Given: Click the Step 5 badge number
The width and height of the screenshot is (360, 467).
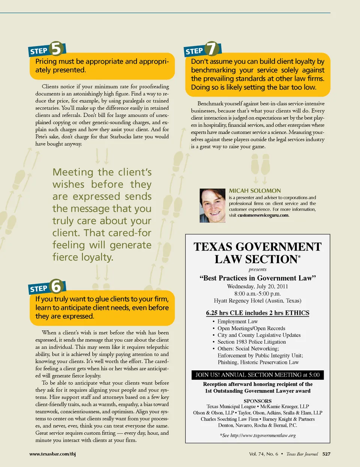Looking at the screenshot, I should click(x=56, y=49).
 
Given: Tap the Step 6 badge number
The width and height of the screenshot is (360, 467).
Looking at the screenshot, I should click(x=56, y=287).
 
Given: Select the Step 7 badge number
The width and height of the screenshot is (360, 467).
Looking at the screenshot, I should click(x=211, y=49).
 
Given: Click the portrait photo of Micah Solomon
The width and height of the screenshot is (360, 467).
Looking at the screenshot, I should click(x=213, y=205).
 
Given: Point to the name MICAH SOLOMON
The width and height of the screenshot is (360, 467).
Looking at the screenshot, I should click(x=255, y=191).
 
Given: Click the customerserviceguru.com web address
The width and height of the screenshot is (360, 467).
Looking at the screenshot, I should click(x=263, y=216).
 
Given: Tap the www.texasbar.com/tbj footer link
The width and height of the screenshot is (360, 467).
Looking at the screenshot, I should click(x=52, y=454).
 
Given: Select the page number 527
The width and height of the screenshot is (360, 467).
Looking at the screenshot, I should click(x=326, y=454).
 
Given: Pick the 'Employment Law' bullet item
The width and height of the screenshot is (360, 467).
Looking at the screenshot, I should click(x=237, y=322).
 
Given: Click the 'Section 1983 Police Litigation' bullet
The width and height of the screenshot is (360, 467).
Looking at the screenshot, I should click(x=252, y=342).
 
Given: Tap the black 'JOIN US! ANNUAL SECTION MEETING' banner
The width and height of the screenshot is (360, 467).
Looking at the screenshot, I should click(x=257, y=375).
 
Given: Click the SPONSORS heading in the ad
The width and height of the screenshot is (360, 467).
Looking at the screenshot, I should click(x=258, y=401).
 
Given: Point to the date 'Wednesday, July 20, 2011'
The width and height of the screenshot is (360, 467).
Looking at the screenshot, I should click(x=258, y=286).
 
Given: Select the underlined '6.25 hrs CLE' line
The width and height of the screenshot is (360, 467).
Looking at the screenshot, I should click(x=258, y=313).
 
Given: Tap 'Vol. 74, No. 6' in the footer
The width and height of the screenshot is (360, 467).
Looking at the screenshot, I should click(x=264, y=454).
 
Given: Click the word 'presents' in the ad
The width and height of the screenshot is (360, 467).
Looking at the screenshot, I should click(x=258, y=269).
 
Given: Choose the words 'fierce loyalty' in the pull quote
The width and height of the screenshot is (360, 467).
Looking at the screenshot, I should click(x=82, y=257).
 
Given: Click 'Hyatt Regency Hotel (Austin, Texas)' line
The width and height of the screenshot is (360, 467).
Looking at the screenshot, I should click(x=258, y=301).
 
